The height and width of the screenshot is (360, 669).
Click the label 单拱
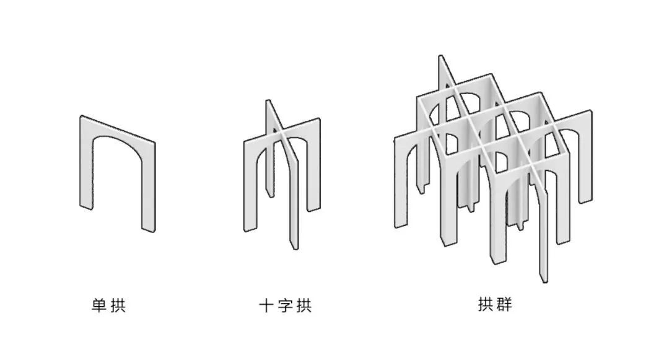pyautogui.click(x=108, y=305)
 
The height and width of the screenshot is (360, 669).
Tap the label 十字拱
pyautogui.click(x=285, y=305)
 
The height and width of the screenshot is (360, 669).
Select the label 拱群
pyautogui.click(x=496, y=305)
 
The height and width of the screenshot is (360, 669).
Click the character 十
pyautogui.click(x=266, y=305)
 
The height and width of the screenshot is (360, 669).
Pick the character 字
pyautogui.click(x=285, y=305)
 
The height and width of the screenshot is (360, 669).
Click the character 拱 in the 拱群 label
pyautogui.click(x=486, y=305)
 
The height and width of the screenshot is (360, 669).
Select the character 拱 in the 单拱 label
pyautogui.click(x=118, y=305)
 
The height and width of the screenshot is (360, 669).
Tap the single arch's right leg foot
pyautogui.click(x=149, y=229)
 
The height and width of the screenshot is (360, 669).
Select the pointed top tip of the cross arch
pyautogui.click(x=268, y=101)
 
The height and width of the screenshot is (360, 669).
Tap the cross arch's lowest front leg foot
pyautogui.click(x=293, y=247)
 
